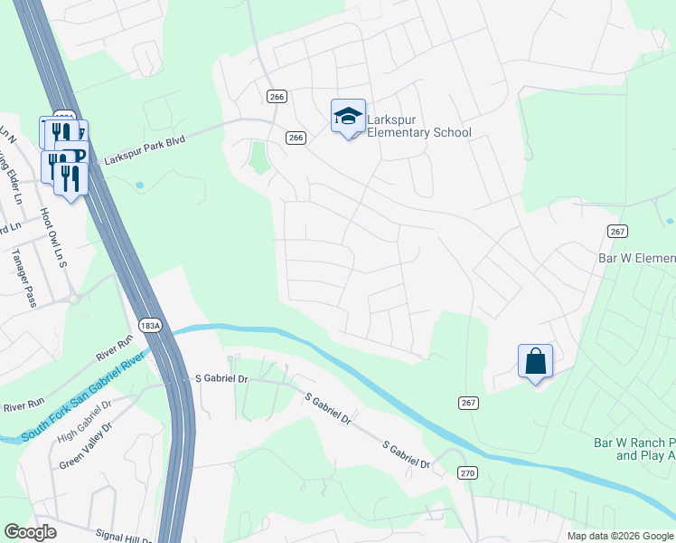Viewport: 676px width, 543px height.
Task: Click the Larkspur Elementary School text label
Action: (x=419, y=126)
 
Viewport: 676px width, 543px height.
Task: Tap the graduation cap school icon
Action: (x=348, y=116)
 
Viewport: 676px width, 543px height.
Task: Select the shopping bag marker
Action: (x=535, y=361)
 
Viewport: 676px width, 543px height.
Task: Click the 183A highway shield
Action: (x=150, y=325)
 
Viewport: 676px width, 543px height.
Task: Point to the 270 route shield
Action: (x=467, y=472)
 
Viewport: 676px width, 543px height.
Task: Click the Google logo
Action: (x=30, y=532)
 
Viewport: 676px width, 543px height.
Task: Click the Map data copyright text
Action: (x=620, y=536)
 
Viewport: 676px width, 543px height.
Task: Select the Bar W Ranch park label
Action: (x=634, y=450)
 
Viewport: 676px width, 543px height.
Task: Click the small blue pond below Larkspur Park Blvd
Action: (x=140, y=186)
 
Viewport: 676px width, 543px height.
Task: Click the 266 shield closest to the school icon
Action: (x=296, y=138)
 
